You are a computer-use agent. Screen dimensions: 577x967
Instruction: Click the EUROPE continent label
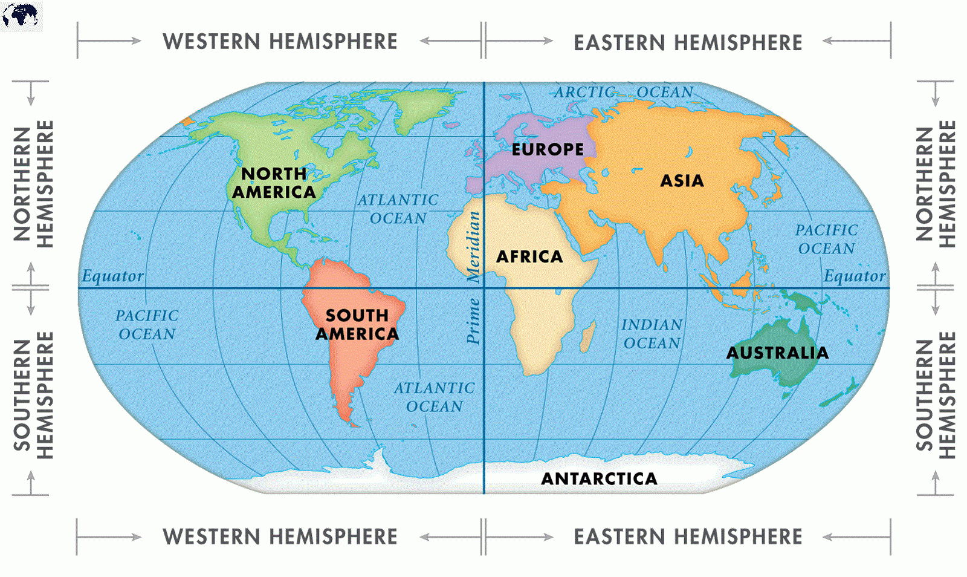pyautogui.click(x=548, y=149)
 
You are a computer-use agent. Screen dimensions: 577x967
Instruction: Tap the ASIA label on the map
pyautogui.click(x=682, y=181)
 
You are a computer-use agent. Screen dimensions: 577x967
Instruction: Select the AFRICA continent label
pyautogui.click(x=529, y=257)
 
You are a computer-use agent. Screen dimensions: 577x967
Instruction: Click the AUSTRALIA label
pyautogui.click(x=777, y=353)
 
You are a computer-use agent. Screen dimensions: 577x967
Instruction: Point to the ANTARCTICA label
pyautogui.click(x=599, y=479)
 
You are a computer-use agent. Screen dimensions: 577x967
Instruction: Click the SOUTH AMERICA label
pyautogui.click(x=357, y=325)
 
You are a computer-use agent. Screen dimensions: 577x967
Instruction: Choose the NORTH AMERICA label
pyautogui.click(x=274, y=183)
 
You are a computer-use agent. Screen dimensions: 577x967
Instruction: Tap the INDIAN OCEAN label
pyautogui.click(x=652, y=334)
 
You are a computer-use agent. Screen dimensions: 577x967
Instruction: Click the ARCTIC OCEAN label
pyautogui.click(x=624, y=93)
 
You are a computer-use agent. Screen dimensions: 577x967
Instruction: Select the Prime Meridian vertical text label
pyautogui.click(x=474, y=278)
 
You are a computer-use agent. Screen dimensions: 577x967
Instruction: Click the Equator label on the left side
pyautogui.click(x=113, y=276)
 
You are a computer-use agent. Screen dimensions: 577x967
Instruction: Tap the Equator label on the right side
pyautogui.click(x=855, y=276)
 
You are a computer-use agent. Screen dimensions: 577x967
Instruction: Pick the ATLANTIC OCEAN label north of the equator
pyautogui.click(x=398, y=209)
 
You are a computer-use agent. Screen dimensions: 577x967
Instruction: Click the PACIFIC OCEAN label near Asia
pyautogui.click(x=826, y=240)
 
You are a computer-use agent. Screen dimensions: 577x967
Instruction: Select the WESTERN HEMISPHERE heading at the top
pyautogui.click(x=280, y=42)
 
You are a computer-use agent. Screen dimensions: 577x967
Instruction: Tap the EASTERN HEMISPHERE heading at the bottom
pyautogui.click(x=688, y=536)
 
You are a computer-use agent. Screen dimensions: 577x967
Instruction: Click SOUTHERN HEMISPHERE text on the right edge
pyautogui.click(x=936, y=396)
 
